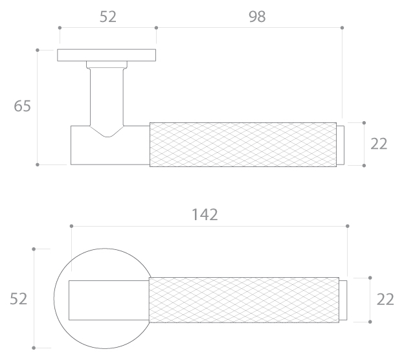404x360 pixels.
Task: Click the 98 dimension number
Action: pos(257,17)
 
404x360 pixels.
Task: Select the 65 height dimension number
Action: pos(22,106)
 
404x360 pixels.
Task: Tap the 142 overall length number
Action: pos(205,215)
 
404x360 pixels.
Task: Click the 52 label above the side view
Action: pos(108,17)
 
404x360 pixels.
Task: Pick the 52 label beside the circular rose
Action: pos(18,299)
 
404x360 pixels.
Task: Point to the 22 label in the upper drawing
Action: pos(379,144)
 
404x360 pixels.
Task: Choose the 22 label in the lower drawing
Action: pos(385,299)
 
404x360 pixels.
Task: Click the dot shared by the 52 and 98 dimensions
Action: pos(156,28)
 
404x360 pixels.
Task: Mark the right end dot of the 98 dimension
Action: pos(342,28)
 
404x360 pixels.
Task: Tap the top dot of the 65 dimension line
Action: pos(38,50)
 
